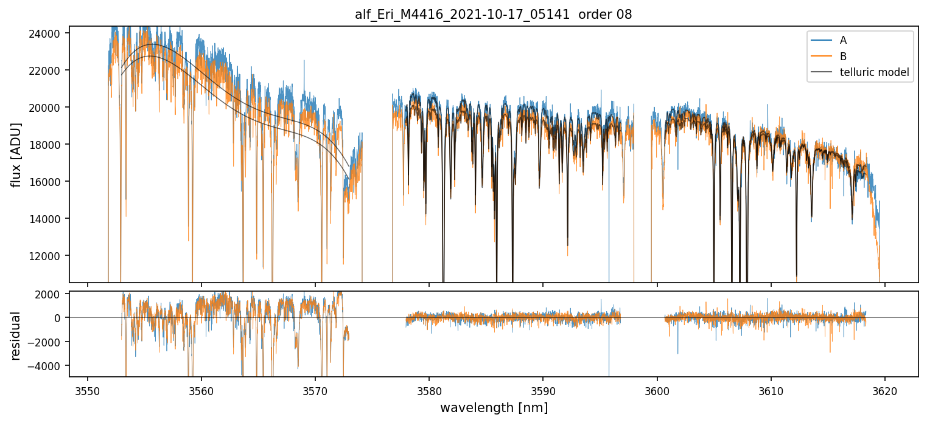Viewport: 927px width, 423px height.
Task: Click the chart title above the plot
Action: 493,15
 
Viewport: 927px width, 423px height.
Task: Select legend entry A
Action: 843,41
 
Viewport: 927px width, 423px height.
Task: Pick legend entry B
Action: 843,57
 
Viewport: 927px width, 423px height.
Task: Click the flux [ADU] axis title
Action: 16,154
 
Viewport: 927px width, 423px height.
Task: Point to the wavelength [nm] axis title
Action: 494,408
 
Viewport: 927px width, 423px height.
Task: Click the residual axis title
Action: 16,335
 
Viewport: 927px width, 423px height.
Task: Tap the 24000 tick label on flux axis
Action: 44,33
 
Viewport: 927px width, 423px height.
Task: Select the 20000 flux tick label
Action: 44,108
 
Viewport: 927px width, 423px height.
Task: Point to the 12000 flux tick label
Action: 44,256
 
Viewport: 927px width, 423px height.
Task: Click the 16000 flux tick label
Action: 44,182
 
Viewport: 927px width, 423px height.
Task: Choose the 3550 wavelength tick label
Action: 88,390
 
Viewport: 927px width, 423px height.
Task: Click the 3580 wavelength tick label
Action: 429,390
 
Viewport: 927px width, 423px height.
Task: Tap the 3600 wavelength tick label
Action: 657,390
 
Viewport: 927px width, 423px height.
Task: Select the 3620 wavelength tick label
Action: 885,390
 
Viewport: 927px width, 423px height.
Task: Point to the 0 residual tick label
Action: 58,318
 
